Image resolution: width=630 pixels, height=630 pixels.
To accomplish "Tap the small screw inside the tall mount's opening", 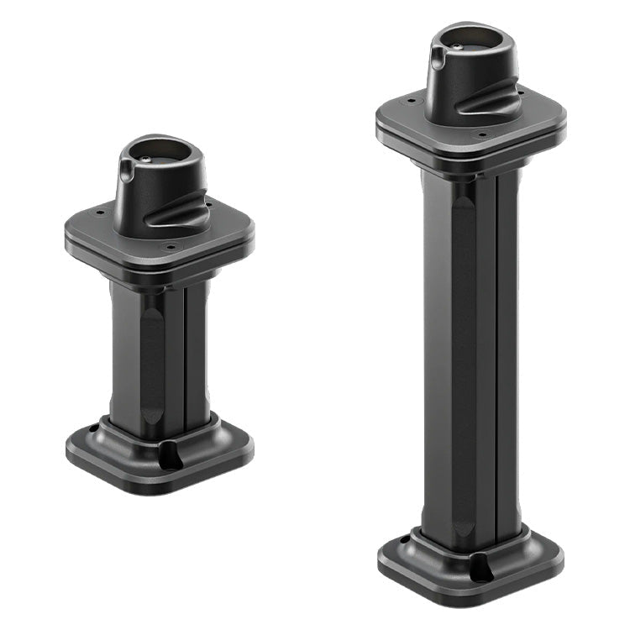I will pos(455,46).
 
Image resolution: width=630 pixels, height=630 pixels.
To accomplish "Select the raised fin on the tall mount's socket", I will pos(490,102).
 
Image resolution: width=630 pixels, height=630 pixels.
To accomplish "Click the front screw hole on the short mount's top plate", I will pos(171,247).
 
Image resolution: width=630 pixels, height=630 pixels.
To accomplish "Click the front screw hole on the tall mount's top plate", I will pos(482,134).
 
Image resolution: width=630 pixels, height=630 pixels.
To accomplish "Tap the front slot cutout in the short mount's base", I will pos(171,456).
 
